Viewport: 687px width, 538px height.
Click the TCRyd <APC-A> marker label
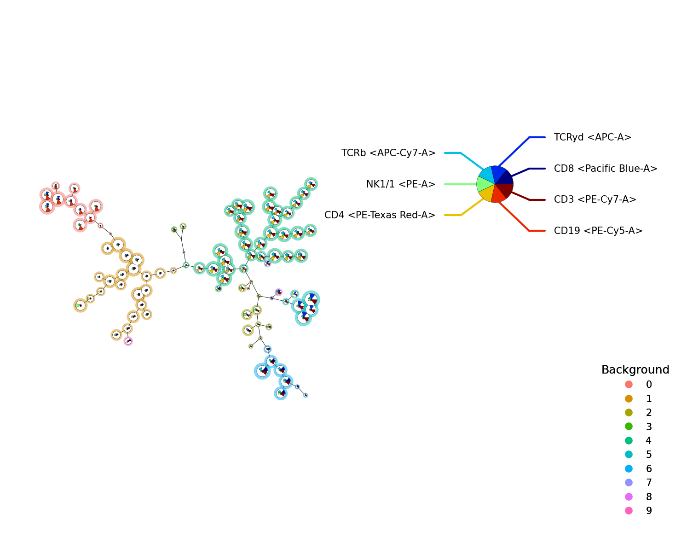(593, 137)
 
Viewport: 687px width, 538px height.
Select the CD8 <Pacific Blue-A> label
(606, 169)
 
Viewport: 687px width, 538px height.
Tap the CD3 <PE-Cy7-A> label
(595, 199)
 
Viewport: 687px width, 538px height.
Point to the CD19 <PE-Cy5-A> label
(598, 231)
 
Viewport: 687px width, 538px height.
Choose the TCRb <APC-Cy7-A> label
(388, 153)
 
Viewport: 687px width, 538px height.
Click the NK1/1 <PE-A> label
(401, 184)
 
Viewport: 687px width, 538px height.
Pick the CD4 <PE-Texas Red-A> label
(380, 215)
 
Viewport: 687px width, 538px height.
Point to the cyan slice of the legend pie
(487, 175)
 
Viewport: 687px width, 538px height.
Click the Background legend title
(635, 369)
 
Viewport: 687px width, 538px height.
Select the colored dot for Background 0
(629, 385)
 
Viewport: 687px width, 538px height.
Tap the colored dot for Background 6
(629, 469)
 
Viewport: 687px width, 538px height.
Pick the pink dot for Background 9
(629, 511)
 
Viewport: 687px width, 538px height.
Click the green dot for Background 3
(629, 427)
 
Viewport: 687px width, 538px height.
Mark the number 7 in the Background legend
(649, 483)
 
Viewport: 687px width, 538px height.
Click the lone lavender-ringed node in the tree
(267, 263)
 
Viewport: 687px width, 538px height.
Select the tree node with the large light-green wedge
(81, 305)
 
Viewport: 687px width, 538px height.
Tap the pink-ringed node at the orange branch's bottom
(128, 341)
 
